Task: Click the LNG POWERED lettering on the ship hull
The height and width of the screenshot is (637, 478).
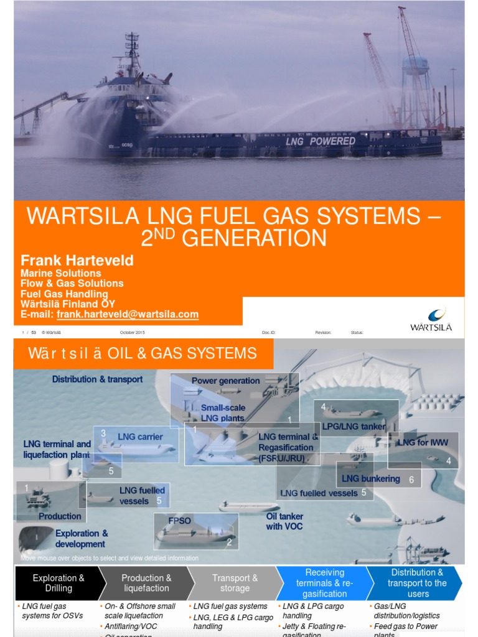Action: [321, 141]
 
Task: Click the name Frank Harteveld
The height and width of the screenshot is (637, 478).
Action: [77, 260]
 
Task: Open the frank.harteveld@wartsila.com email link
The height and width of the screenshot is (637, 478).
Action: [128, 315]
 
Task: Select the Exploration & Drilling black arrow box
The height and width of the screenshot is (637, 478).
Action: [58, 583]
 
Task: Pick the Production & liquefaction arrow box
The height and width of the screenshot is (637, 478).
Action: [146, 583]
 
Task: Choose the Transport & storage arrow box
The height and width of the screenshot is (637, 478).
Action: [235, 583]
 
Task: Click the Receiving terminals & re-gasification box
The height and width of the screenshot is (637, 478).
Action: [324, 583]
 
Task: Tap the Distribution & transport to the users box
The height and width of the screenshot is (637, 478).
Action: [416, 583]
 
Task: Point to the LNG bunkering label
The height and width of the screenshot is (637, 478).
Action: [371, 478]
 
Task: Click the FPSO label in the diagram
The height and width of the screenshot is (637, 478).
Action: [179, 519]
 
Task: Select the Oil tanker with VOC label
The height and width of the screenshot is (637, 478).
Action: [285, 521]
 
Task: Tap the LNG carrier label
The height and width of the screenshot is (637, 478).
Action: [140, 437]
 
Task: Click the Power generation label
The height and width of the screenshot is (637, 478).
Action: [225, 381]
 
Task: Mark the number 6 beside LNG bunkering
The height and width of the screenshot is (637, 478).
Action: [411, 480]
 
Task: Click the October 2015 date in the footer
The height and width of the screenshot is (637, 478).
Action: [132, 333]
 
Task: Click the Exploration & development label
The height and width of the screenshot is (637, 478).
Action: [82, 539]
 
